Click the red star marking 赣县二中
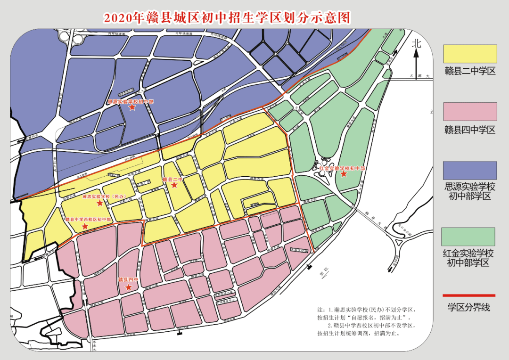[174, 185]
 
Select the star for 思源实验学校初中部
[132, 107]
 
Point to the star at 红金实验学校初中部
[344, 174]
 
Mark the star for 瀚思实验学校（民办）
[100, 203]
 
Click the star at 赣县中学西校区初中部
[85, 227]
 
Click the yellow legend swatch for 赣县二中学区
[470, 54]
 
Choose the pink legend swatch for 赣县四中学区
[470, 112]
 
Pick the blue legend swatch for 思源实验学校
[470, 170]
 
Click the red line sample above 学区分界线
[468, 295]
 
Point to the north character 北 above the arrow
[416, 44]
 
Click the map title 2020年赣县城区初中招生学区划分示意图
[227, 18]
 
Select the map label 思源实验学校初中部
[131, 101]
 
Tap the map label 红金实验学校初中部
[342, 168]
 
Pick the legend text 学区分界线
[468, 308]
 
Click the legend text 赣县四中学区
[469, 130]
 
